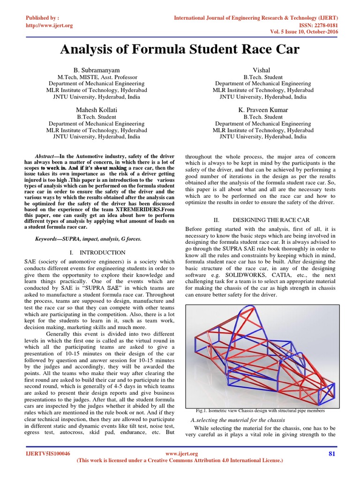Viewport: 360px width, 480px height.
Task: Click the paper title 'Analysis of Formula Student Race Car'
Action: (x=180, y=49)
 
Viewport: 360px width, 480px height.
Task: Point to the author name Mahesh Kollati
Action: (x=97, y=109)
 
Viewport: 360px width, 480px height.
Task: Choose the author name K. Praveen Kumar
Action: (x=263, y=109)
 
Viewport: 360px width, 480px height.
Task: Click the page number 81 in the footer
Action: (x=332, y=454)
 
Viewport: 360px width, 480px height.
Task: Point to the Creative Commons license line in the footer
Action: (x=180, y=461)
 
